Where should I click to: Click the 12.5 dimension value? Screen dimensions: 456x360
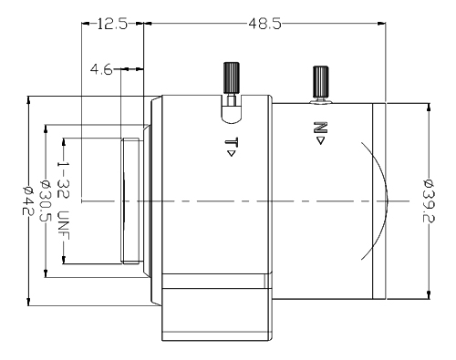point(112,24)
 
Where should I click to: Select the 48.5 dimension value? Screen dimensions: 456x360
point(264,24)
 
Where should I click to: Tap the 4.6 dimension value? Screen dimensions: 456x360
point(101,70)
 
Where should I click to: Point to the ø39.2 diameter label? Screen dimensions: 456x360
point(430,201)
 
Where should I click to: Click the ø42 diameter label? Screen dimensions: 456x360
point(28,201)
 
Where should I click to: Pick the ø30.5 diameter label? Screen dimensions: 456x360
point(47,201)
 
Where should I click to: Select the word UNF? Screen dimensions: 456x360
point(64,224)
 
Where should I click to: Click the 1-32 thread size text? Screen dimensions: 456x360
point(64,180)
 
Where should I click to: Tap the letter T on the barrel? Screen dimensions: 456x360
point(231,141)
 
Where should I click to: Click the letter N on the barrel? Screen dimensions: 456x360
point(320,128)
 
